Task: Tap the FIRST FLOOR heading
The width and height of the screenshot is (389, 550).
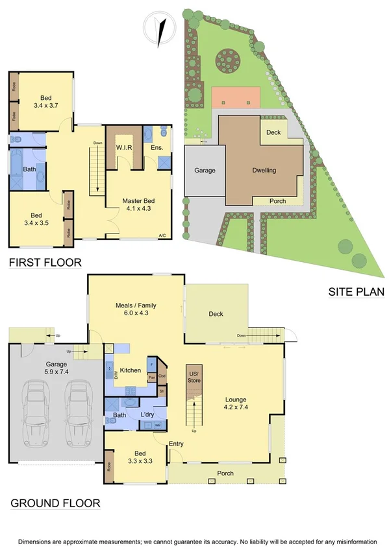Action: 45,263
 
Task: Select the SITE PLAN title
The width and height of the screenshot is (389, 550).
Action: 355,293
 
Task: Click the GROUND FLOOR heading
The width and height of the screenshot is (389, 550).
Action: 55,503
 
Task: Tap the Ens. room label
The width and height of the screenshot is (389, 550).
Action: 157,148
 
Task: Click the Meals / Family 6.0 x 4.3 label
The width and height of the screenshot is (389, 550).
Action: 136,309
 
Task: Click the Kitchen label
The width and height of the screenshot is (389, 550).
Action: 131,370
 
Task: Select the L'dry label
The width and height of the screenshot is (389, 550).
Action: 147,414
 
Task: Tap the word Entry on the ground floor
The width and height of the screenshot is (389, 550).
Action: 176,444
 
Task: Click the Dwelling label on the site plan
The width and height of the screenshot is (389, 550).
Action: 264,171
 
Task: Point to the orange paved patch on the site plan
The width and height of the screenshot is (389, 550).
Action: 235,98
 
